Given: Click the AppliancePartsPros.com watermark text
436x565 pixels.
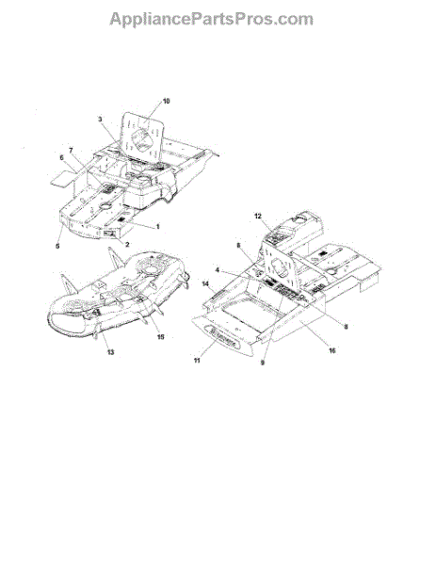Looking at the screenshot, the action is pos(212,20).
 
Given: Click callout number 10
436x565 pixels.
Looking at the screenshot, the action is pos(166,102).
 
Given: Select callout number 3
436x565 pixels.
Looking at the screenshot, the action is pos(100,119).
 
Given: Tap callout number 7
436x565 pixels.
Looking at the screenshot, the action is pos(71,150).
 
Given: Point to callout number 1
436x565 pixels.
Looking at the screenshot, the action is pos(157,227).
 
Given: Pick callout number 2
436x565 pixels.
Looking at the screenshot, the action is pos(127,245).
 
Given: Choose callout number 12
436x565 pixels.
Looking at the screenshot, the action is pos(258,217).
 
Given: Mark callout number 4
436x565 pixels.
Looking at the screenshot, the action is pos(217,270).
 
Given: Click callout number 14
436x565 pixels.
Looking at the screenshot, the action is pos(205,284).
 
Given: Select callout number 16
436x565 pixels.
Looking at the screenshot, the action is pos(331,350).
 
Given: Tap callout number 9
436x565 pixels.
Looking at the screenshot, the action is pos(263,363).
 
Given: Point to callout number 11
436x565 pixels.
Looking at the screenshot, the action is pos(197,361).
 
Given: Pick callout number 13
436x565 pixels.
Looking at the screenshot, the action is pos(110,352).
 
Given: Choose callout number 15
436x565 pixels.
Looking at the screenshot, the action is pos(160,336).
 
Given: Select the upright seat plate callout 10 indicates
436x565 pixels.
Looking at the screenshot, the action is pos(142,137).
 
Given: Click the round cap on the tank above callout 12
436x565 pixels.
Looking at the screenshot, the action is pos(299,218).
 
